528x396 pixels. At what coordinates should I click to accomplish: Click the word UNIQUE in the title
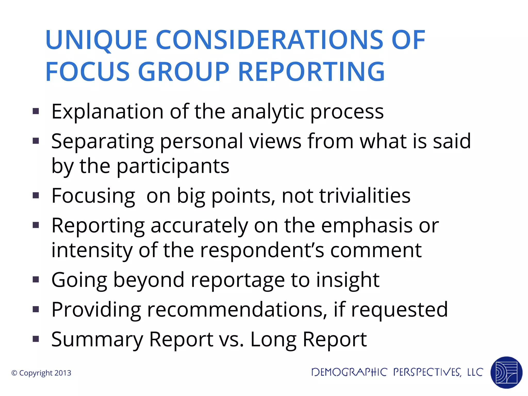pos(96,40)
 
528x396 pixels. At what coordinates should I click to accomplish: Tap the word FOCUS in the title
pos(87,72)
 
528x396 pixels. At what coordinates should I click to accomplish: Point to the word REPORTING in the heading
pos(311,72)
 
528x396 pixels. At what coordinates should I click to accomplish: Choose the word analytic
pos(267,112)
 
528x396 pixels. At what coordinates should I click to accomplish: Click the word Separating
pos(102,141)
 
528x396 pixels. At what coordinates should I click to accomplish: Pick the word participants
pos(173,166)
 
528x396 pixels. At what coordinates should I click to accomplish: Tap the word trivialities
pos(365,196)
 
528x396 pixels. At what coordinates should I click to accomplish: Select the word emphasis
pos(367,225)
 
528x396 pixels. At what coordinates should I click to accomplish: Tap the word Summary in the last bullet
pos(97,339)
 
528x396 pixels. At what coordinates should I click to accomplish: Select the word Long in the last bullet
pos(273,339)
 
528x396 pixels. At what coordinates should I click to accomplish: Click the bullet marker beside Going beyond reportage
pos(36,280)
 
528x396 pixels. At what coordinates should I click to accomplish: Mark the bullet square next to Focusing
pos(36,195)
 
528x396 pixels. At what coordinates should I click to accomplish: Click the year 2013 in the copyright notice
pos(63,373)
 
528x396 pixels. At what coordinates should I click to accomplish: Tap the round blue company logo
pos(506,372)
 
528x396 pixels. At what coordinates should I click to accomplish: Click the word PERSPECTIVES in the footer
pos(427,372)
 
